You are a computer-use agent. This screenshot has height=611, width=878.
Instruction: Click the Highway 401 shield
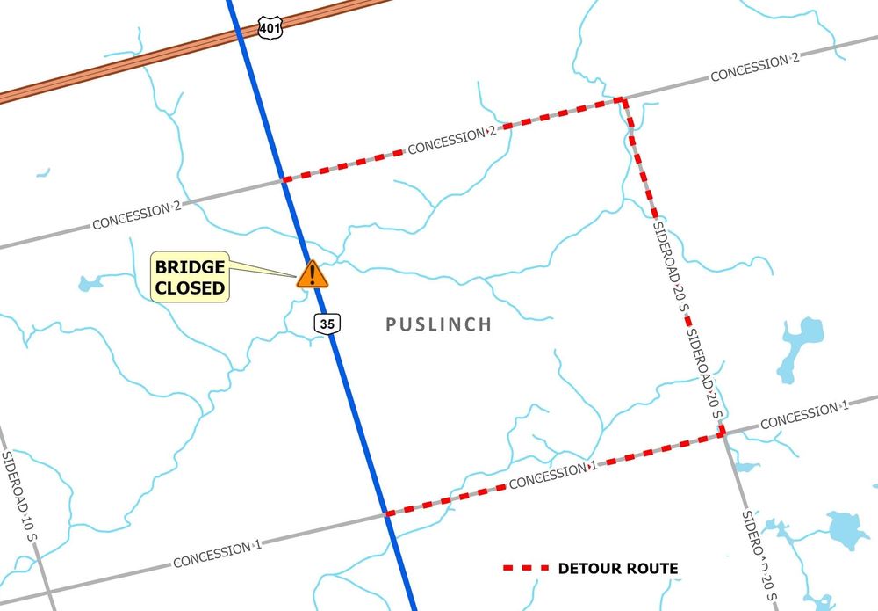coord(270,27)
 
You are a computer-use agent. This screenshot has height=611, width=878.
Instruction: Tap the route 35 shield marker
coord(327,324)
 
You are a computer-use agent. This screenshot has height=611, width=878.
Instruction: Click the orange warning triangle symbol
coord(312,274)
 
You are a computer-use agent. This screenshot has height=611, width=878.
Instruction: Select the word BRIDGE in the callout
coord(191,267)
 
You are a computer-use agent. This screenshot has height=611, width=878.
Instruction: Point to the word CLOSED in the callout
coord(191,287)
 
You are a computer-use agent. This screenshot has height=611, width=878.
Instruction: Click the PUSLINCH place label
coord(439,324)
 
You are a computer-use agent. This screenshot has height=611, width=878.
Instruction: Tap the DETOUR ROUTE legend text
coord(618,569)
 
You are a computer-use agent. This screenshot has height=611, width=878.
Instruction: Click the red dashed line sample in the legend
coord(526,569)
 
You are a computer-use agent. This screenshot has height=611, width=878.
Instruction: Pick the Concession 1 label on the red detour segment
coord(553,476)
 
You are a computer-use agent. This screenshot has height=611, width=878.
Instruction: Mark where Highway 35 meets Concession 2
coord(284,180)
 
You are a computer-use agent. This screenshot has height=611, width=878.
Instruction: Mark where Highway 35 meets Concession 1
coord(385,513)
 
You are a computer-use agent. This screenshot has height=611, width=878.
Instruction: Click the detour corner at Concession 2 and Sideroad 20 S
coord(623,99)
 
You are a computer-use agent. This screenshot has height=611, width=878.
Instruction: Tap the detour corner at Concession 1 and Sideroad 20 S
coord(723,433)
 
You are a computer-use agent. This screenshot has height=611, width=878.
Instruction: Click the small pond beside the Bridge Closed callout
coord(88,284)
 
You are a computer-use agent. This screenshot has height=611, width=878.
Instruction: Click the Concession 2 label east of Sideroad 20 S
coord(754,68)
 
